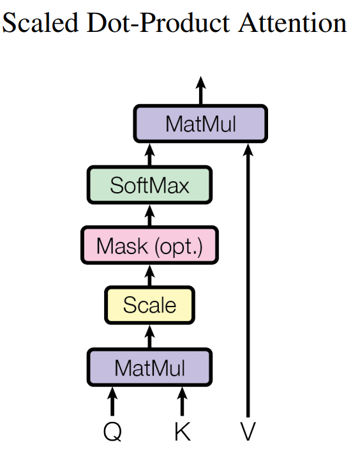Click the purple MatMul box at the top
[x=200, y=124]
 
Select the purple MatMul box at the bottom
[x=149, y=367]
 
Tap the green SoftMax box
[x=149, y=185]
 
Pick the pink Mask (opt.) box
[x=149, y=245]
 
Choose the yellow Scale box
[x=149, y=305]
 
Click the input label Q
[x=112, y=431]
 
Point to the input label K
[x=183, y=431]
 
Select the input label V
[x=248, y=431]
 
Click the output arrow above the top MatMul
[x=200, y=91]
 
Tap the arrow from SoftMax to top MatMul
[x=149, y=155]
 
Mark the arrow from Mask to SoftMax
[x=149, y=216]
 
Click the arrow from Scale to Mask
[x=149, y=275]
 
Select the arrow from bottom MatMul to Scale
[x=149, y=336]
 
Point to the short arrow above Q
[x=112, y=402]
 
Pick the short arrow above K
[x=182, y=402]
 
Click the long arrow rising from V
[x=248, y=280]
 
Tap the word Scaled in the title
[x=40, y=22]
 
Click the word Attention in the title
[x=293, y=22]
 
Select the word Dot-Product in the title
[x=158, y=22]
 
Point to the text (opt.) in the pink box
[x=179, y=246]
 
